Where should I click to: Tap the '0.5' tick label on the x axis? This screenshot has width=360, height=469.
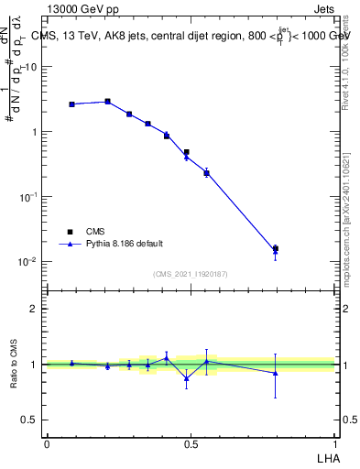191,443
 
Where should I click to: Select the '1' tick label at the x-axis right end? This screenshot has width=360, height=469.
335,443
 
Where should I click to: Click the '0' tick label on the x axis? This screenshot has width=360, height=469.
47,443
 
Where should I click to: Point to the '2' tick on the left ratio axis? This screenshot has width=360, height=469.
34,309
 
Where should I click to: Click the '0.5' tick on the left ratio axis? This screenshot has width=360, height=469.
29,420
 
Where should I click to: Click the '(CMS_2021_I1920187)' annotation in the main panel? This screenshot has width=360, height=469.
191,274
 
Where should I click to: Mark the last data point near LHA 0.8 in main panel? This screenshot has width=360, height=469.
275,248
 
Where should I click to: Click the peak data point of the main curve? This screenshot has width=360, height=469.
107,102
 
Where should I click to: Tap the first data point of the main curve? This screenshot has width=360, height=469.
71,104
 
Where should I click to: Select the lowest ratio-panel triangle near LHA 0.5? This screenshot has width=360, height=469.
186,378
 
